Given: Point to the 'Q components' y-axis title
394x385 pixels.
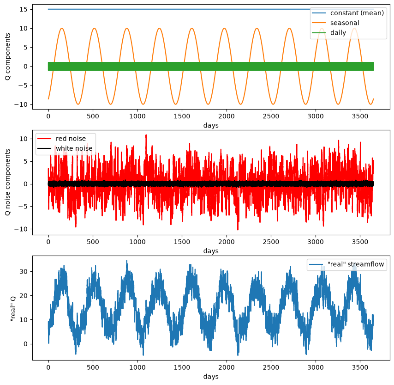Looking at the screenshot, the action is tap(8, 57).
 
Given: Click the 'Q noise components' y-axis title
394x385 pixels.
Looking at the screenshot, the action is tap(8, 182).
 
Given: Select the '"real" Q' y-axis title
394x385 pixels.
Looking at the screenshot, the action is tap(13, 308).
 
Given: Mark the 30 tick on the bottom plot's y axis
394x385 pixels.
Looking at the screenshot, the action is tap(24, 271).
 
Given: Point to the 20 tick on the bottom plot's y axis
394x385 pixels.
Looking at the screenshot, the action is tap(24, 296).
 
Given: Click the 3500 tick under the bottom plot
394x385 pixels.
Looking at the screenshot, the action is tap(360, 367).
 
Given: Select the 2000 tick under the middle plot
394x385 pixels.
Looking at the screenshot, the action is tap(227, 242).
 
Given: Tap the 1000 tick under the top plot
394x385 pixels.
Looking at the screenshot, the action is tap(137, 116).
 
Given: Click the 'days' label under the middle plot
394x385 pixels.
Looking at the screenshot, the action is tap(211, 251).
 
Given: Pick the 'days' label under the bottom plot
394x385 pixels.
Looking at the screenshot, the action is tap(211, 376).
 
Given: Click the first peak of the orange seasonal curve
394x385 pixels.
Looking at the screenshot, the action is tap(62, 28).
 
